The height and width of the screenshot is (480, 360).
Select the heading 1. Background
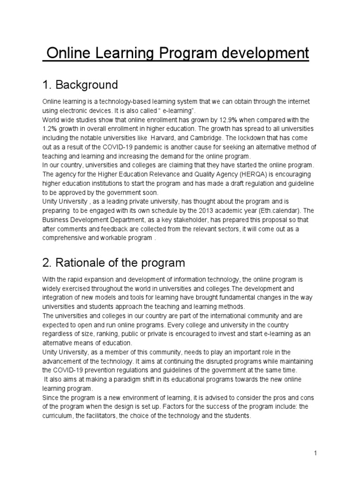click(x=80, y=85)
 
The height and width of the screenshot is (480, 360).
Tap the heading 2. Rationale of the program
click(x=114, y=262)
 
